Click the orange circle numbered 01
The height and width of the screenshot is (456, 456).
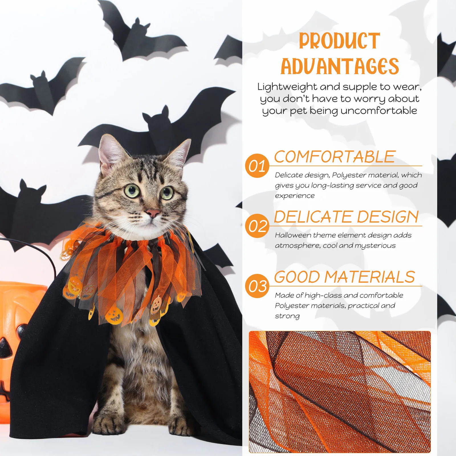[257, 166]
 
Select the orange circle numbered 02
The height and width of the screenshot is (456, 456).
[257, 226]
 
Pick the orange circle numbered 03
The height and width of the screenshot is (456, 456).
[257, 286]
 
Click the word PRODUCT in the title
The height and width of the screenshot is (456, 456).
[339, 41]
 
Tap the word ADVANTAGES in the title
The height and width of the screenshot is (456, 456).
[340, 66]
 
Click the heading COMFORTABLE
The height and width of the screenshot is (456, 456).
[335, 157]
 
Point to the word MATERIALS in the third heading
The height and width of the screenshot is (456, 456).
[370, 277]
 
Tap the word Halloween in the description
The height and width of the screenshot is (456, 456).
[293, 235]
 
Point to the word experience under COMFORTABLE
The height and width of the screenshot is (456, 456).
[295, 196]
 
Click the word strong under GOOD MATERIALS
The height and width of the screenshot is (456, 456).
[287, 316]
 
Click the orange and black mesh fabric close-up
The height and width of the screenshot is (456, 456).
[339, 392]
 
